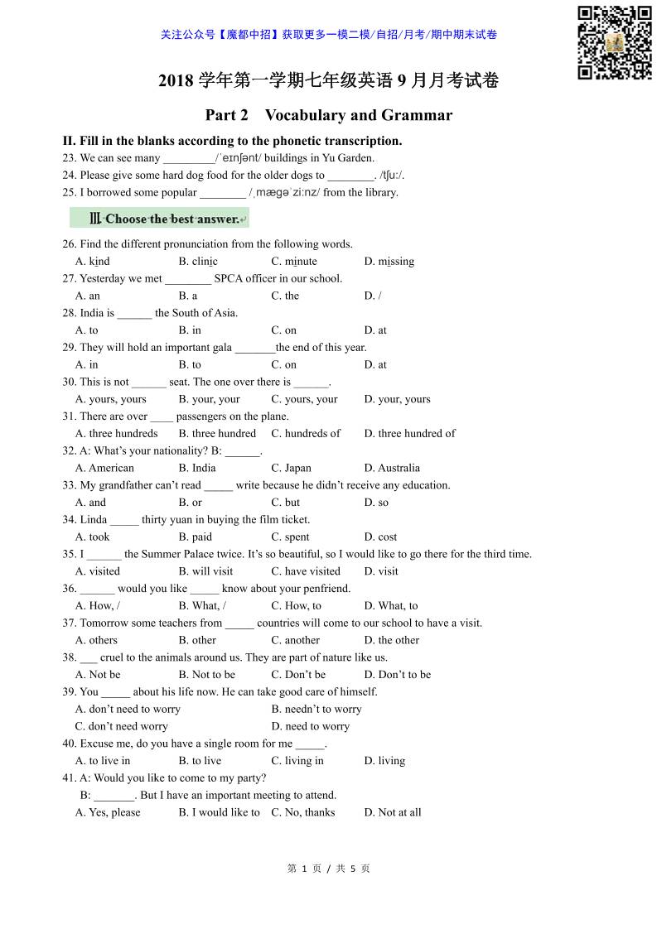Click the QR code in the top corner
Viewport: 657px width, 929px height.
pyautogui.click(x=614, y=42)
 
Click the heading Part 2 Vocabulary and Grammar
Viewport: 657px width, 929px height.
pyautogui.click(x=329, y=115)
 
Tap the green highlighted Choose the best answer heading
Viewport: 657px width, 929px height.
pyautogui.click(x=160, y=219)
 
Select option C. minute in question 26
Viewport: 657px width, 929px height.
pyautogui.click(x=294, y=261)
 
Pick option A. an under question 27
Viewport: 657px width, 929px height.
pyautogui.click(x=88, y=296)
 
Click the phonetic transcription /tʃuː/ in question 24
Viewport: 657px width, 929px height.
pyautogui.click(x=391, y=175)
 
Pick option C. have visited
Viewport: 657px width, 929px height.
pyautogui.click(x=306, y=571)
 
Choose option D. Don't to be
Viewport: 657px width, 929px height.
pyautogui.click(x=398, y=674)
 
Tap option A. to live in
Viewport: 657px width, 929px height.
pyautogui.click(x=103, y=761)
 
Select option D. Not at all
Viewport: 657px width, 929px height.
pyautogui.click(x=393, y=812)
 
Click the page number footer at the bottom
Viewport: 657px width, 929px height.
pyautogui.click(x=328, y=869)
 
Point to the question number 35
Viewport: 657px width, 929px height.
pyautogui.click(x=70, y=554)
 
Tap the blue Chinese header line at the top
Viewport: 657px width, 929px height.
pyautogui.click(x=329, y=35)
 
